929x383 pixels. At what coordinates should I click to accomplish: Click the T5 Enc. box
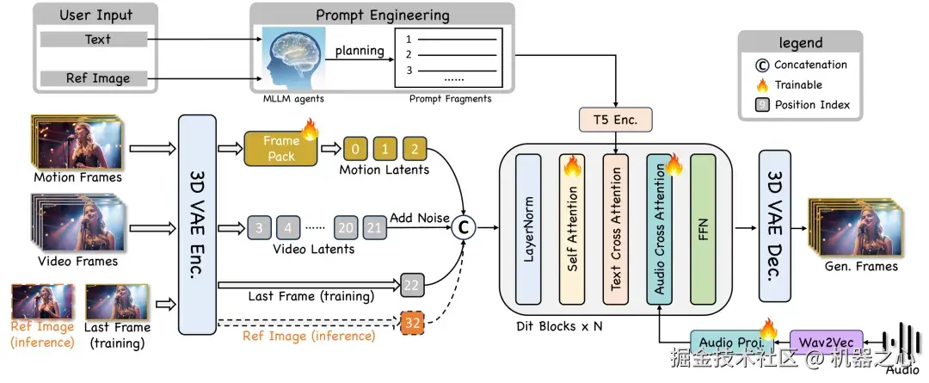616,120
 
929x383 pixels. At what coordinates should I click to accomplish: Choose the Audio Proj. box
725,343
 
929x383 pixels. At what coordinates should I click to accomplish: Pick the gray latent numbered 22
413,285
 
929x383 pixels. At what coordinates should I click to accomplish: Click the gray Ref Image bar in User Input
97,77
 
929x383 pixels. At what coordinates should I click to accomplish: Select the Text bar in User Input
97,40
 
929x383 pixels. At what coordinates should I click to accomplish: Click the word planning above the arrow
360,50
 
